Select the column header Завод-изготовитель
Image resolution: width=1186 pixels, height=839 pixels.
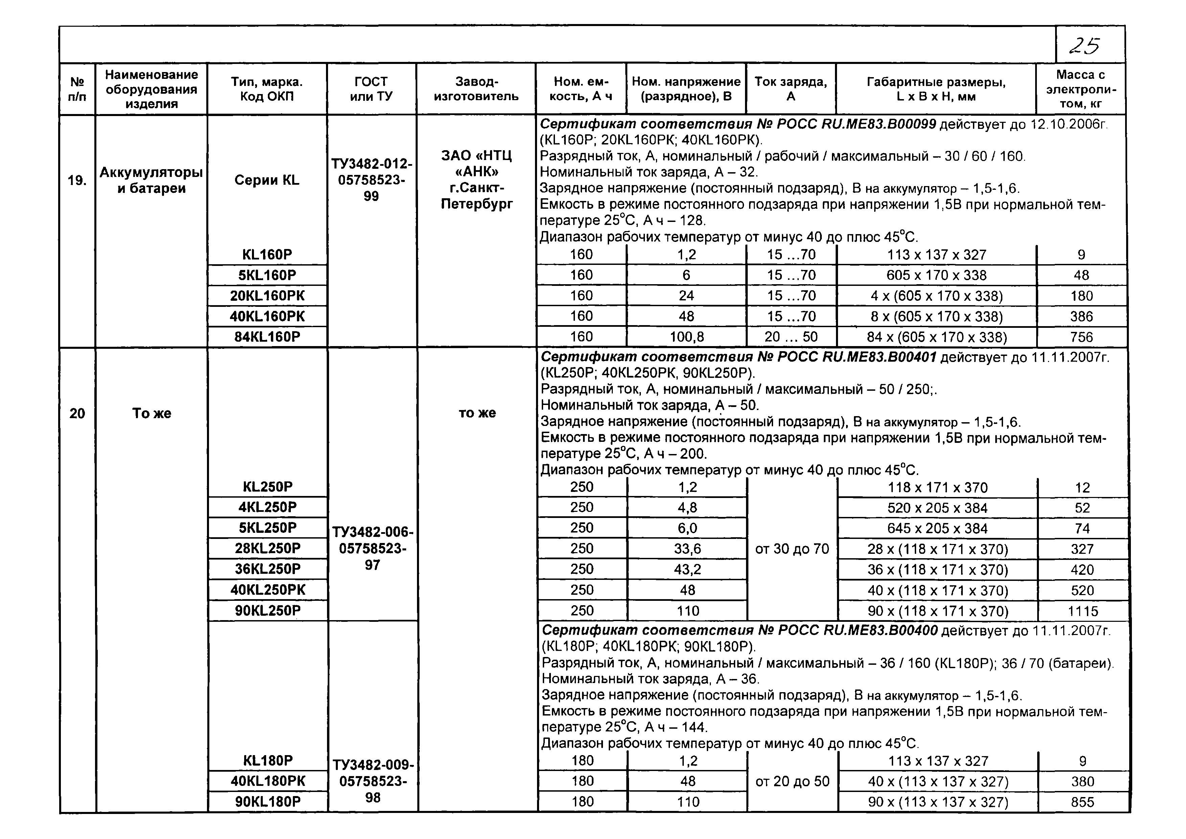pos(476,89)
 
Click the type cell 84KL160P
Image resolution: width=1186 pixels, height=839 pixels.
pos(267,337)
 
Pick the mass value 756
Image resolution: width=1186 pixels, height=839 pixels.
pos(1081,337)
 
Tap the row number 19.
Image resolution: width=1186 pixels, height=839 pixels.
pos(77,180)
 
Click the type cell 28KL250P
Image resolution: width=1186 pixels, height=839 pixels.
pos(268,548)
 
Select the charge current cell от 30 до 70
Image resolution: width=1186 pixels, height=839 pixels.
pos(792,549)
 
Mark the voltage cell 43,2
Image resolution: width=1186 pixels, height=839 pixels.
pos(687,569)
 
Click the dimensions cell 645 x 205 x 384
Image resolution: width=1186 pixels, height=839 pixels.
pos(937,528)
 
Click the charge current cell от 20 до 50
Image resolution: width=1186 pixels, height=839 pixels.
pos(792,781)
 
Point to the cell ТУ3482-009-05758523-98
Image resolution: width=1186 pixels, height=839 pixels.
pos(373,781)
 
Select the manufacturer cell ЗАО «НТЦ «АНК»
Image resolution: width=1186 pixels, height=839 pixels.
pos(476,180)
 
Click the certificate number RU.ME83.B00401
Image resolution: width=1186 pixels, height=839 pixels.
pos(878,357)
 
